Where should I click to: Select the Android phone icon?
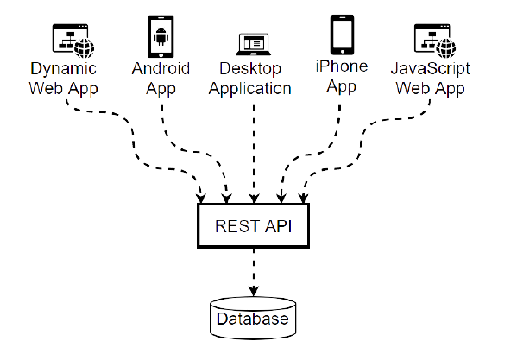click(161, 36)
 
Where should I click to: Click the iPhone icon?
click(343, 35)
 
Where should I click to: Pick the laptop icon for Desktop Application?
click(254, 44)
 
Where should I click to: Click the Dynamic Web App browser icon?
click(73, 41)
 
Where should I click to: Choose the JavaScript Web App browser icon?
click(435, 41)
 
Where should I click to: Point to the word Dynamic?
click(63, 69)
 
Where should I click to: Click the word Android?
click(161, 68)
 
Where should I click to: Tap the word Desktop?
click(250, 69)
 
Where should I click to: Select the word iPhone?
click(342, 66)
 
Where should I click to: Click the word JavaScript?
click(431, 69)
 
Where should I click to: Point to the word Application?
click(250, 89)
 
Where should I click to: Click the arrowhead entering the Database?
click(254, 291)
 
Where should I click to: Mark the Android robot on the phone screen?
click(161, 36)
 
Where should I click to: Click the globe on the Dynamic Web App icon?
click(84, 48)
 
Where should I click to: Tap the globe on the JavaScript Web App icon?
click(446, 48)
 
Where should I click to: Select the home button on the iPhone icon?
click(343, 52)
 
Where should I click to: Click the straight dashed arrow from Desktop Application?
click(254, 154)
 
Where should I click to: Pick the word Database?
click(253, 319)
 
